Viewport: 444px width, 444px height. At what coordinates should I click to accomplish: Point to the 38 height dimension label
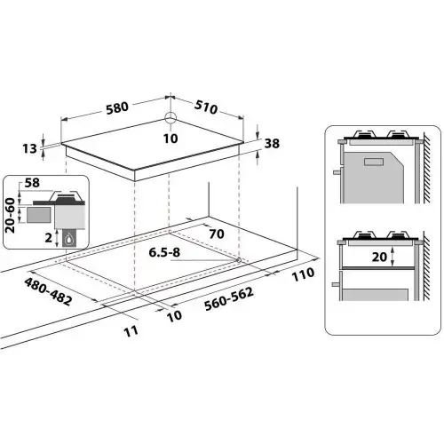(274, 145)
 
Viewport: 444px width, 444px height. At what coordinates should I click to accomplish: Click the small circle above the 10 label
(170, 120)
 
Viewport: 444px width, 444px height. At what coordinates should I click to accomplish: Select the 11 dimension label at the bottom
(132, 331)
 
